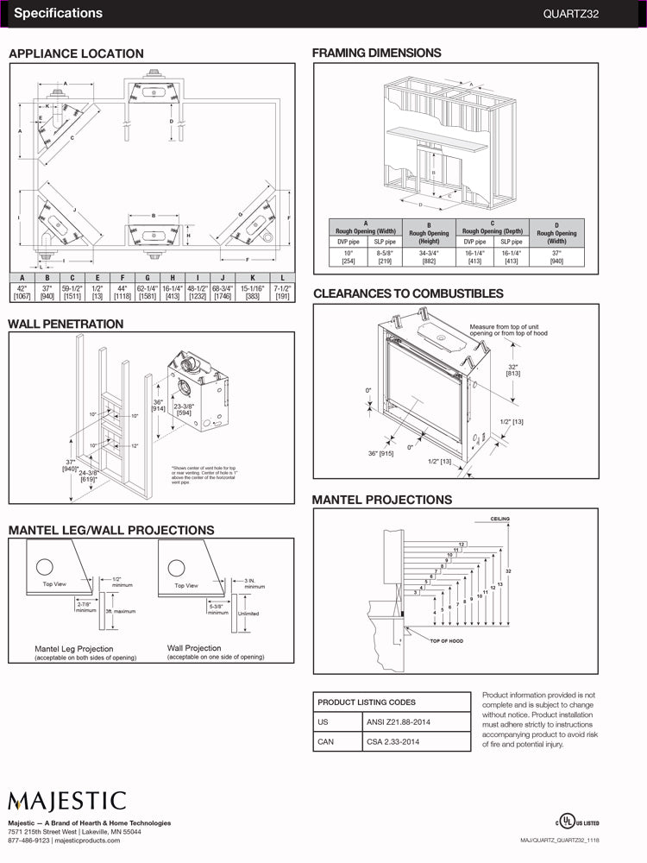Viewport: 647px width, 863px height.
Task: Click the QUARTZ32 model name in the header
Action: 595,14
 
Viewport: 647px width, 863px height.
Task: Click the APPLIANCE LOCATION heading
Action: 76,54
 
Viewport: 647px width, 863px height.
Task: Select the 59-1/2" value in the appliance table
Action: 72,288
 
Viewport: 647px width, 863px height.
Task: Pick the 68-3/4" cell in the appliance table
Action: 223,288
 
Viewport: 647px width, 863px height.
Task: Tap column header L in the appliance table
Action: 282,277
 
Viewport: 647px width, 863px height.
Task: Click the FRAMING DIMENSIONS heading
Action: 376,53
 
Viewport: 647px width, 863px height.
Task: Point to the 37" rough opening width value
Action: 556,254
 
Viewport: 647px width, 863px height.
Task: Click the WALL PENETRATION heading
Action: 66,324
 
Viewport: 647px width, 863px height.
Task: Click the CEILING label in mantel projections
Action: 500,519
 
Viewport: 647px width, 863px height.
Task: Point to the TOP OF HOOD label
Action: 446,641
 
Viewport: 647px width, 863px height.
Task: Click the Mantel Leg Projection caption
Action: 73,649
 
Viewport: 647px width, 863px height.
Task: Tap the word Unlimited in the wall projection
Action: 248,614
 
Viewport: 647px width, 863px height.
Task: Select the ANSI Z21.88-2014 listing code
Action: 399,721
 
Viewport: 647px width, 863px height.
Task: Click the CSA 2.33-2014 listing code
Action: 394,741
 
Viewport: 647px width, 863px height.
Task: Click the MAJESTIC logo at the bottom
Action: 67,802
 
